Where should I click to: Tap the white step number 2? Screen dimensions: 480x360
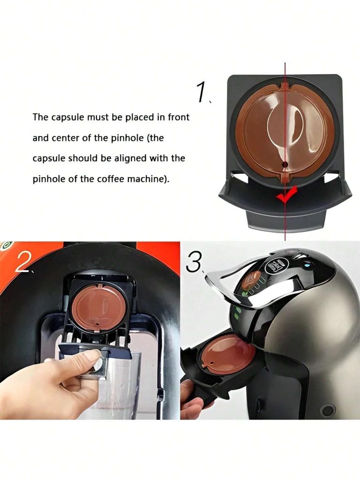pos(22,263)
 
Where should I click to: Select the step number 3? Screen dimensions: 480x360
pos(194,263)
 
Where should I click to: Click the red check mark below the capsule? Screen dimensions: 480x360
pos(286,195)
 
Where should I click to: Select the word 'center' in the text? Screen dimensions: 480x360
pos(68,138)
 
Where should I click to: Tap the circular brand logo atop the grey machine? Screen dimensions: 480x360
pos(273,265)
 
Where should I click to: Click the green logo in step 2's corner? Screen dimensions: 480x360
pos(6,245)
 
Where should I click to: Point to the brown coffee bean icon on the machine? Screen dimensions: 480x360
pos(252,280)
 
